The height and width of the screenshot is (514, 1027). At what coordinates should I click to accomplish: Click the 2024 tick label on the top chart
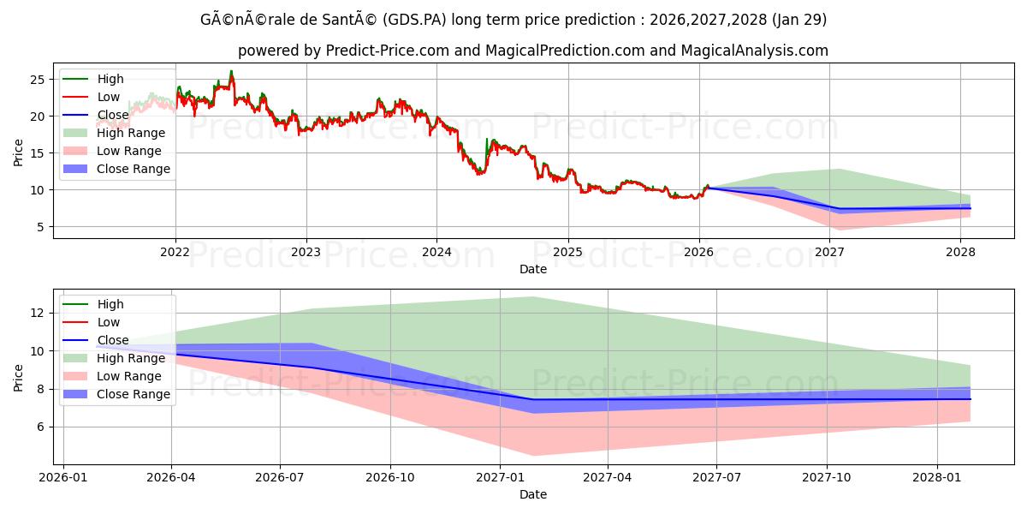tap(436, 252)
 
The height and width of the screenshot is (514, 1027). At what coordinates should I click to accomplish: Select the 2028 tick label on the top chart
tap(961, 252)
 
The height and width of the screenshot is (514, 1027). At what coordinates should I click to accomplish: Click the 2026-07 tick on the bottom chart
tap(280, 477)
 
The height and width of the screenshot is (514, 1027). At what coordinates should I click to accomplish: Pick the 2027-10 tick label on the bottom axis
tap(827, 477)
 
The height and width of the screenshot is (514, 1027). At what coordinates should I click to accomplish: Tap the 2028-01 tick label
tap(938, 477)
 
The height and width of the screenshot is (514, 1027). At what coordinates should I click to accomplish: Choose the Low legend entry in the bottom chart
tap(108, 322)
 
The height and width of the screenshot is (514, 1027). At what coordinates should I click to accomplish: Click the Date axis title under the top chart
tap(532, 269)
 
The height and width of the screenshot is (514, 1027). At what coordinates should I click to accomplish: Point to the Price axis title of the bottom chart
tap(19, 377)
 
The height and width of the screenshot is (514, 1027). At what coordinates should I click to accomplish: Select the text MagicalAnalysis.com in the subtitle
tap(754, 51)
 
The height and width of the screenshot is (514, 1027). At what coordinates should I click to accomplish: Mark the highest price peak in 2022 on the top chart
tap(231, 72)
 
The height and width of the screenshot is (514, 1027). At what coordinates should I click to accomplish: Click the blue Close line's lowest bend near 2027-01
tap(533, 399)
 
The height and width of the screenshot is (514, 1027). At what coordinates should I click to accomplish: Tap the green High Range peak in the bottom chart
tap(533, 297)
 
